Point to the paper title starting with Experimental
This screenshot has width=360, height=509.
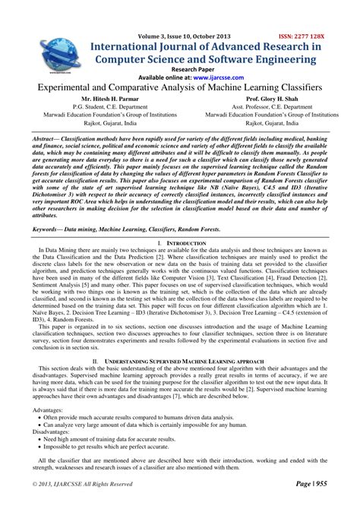179,89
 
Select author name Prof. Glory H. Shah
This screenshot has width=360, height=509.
271,100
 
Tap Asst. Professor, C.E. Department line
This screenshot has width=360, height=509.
271,108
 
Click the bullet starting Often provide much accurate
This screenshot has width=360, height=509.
122,417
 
